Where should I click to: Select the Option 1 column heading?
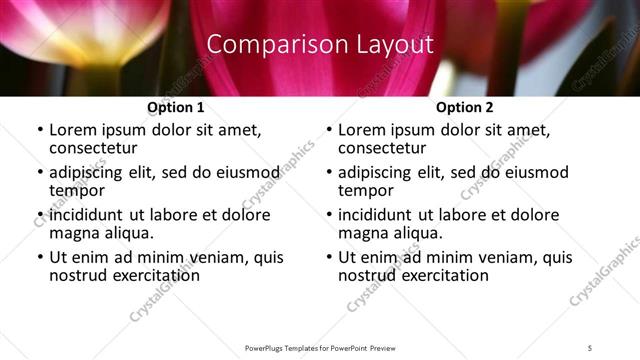[x=175, y=107]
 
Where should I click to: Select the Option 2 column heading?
[x=464, y=107]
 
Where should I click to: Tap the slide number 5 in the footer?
[x=590, y=347]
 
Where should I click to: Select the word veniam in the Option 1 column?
[x=217, y=257]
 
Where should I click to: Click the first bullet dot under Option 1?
[x=40, y=131]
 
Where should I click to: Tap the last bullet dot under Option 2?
[x=329, y=258]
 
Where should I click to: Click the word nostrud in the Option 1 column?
[x=78, y=275]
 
